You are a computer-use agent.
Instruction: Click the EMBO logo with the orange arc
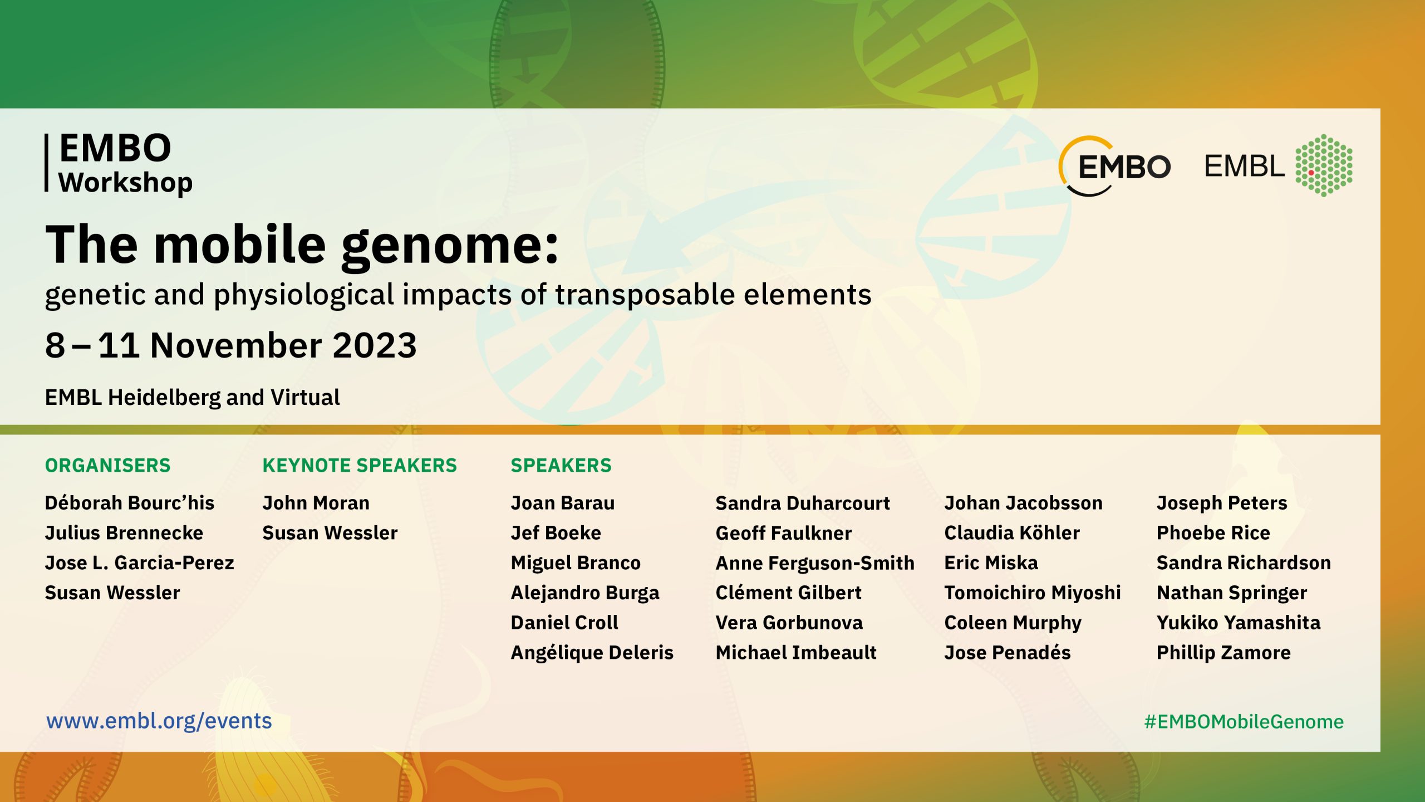point(1114,166)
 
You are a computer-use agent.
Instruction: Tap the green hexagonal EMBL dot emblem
point(1324,165)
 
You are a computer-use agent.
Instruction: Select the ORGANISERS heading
point(107,465)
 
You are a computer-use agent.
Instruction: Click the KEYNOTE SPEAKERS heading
point(360,465)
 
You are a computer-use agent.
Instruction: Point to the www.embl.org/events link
point(159,721)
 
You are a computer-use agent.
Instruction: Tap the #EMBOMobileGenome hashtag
point(1244,721)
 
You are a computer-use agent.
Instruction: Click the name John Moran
point(316,503)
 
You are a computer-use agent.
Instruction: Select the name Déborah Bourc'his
point(130,502)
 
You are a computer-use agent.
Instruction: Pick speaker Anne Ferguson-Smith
point(815,563)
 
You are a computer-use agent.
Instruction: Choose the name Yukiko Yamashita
point(1239,623)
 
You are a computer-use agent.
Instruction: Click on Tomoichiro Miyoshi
point(1033,593)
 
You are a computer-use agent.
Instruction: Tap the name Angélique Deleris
point(592,653)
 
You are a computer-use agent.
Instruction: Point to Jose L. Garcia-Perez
point(140,563)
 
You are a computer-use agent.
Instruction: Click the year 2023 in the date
point(375,345)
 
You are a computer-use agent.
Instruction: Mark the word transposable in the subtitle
point(645,295)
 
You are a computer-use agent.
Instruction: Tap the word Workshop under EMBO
point(126,183)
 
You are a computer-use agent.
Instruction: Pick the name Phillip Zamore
point(1223,653)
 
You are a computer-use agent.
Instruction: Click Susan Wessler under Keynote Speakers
point(330,533)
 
